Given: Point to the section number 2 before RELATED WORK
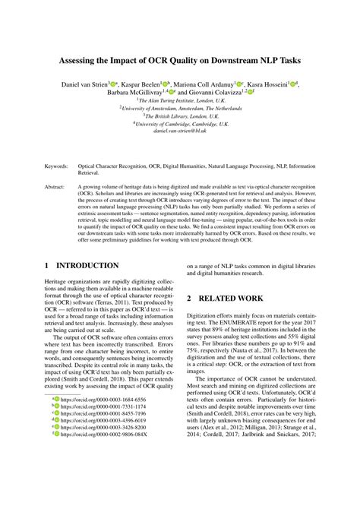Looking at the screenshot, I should coord(190,299).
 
